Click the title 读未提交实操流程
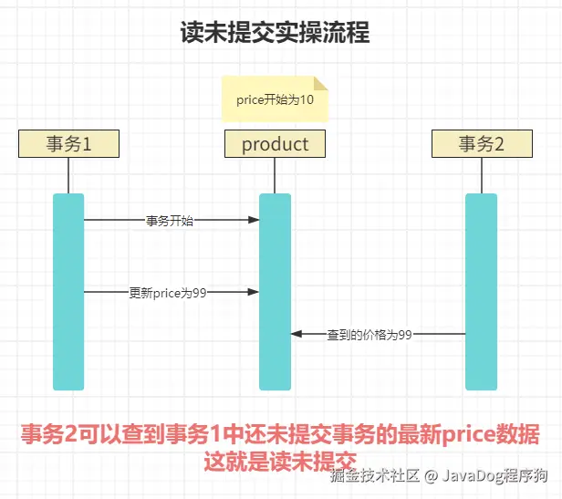275,34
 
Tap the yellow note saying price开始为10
275,99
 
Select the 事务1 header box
68,143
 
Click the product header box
275,143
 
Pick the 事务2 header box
481,143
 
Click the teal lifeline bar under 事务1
68,292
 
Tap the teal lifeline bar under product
275,292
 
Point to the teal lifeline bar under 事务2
481,292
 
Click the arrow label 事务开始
170,220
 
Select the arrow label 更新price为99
168,292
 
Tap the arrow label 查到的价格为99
369,335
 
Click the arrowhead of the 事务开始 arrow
255,220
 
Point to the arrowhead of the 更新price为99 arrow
255,292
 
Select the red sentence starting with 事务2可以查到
280,434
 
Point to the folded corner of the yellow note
320,83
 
